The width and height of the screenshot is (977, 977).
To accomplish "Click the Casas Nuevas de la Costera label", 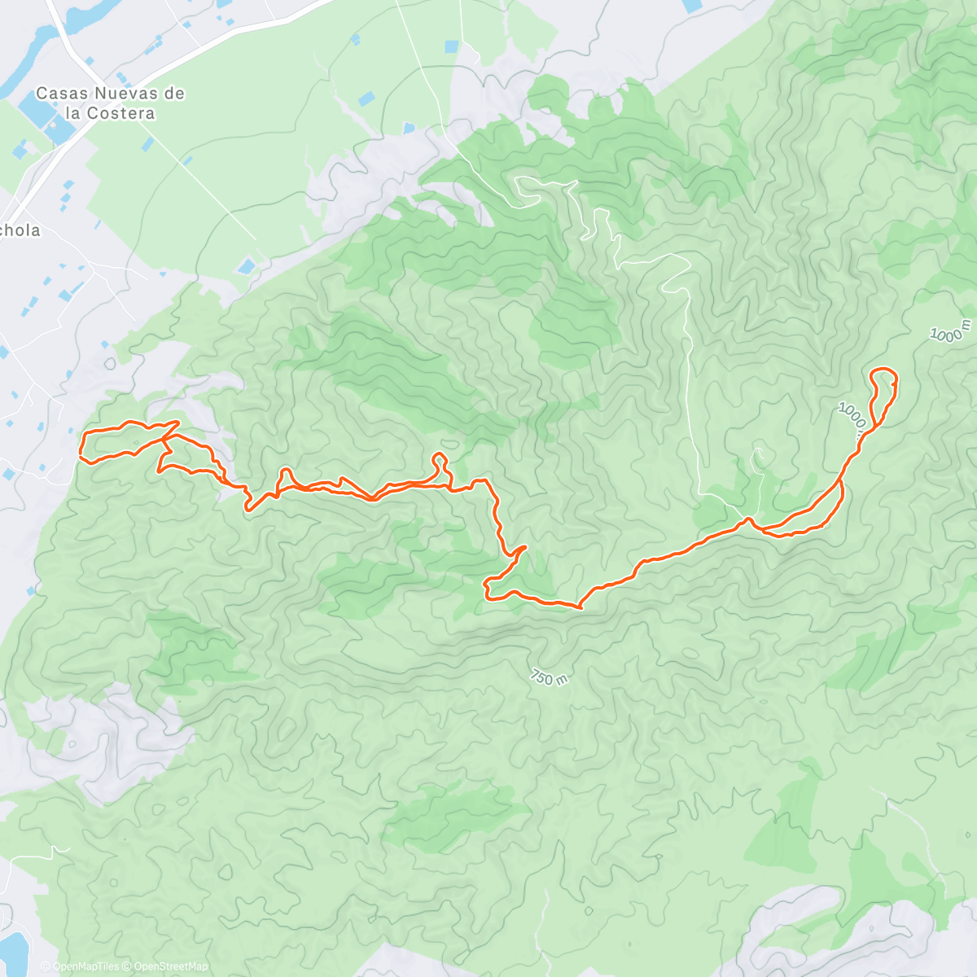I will [110, 103].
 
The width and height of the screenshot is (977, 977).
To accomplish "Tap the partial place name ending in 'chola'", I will [20, 230].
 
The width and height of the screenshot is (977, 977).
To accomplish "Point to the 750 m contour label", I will [548, 677].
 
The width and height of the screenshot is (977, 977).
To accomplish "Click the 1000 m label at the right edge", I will [951, 331].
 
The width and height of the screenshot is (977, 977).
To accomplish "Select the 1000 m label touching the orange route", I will [852, 417].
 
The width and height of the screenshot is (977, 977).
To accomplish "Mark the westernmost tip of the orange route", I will [80, 448].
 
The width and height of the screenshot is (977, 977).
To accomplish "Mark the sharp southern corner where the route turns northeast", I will [580, 607].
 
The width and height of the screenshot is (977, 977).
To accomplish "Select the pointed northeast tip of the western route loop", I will [177, 423].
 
